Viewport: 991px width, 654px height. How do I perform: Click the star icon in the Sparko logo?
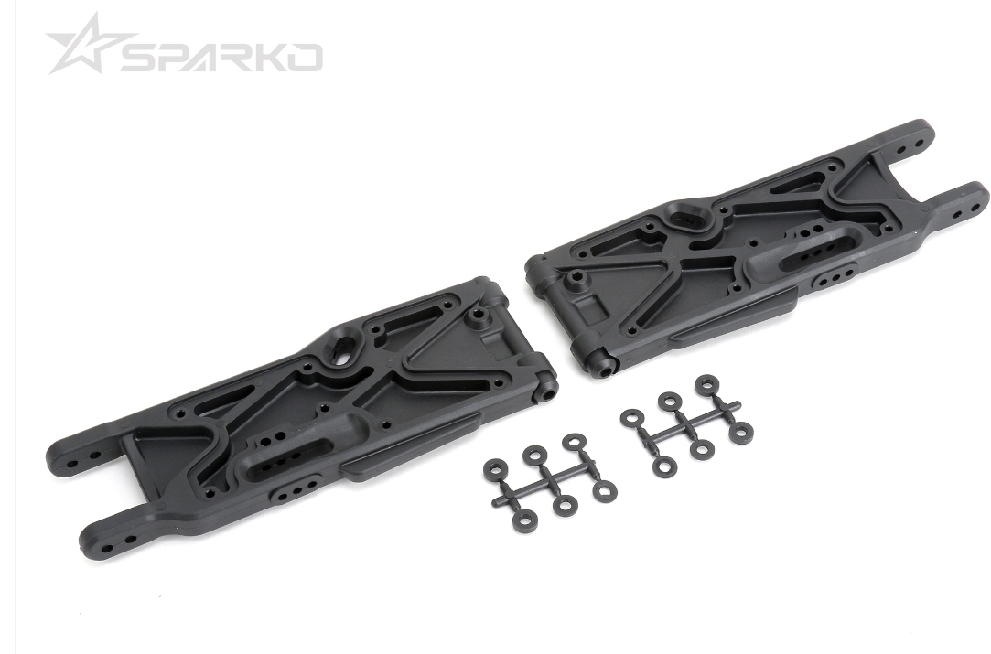coord(85,46)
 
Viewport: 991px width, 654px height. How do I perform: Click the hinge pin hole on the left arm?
coord(546,396)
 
